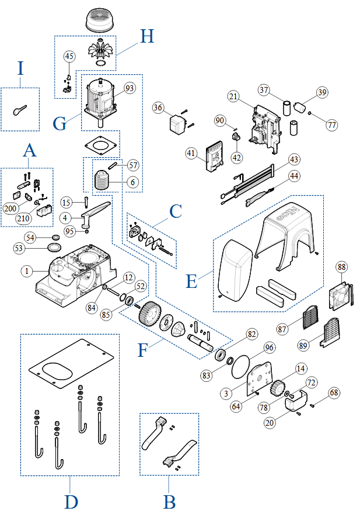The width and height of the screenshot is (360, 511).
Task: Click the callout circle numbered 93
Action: (129, 88)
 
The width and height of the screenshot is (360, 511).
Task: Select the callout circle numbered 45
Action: (69, 56)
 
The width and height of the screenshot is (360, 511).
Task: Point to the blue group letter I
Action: (21, 69)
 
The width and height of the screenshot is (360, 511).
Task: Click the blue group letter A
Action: (30, 151)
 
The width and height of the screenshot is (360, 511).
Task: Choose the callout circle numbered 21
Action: (233, 96)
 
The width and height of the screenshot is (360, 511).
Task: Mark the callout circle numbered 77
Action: (332, 124)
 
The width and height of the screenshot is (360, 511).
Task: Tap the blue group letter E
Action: (191, 281)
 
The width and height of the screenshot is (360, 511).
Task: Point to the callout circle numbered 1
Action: (26, 271)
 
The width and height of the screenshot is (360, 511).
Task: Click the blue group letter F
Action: (143, 350)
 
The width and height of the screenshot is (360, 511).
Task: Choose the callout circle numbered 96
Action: (269, 347)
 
